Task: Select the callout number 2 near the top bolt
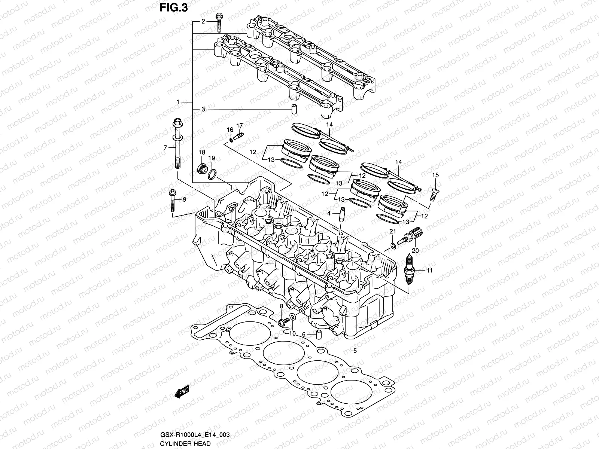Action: (203, 21)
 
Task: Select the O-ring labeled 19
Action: (212, 174)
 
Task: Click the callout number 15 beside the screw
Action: (435, 175)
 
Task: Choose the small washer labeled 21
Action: (392, 245)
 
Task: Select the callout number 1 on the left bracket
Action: (179, 102)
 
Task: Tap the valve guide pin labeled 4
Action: (341, 216)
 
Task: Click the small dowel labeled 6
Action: (319, 334)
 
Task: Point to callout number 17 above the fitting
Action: (240, 125)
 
